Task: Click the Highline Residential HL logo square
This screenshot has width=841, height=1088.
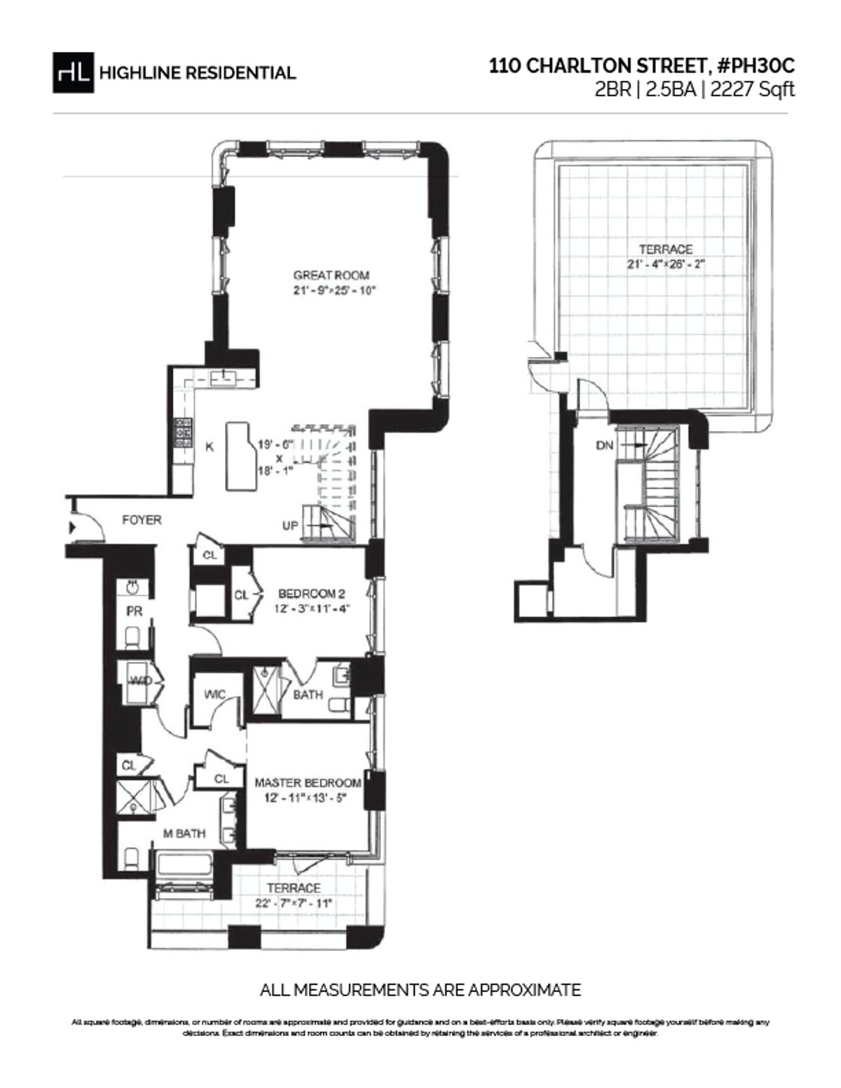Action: (73, 72)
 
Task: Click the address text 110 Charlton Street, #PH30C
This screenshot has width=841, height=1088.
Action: (642, 67)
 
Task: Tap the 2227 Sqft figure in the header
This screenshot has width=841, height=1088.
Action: (753, 89)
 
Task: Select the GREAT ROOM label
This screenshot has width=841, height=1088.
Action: (331, 276)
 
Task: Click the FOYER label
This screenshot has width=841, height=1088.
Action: (142, 520)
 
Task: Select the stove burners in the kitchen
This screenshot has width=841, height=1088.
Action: (184, 433)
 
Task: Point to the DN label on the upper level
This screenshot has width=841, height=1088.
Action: (604, 445)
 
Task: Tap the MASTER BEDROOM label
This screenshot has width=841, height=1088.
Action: (308, 782)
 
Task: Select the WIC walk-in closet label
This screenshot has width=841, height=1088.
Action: (214, 695)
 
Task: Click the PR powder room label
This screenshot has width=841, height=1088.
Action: (134, 611)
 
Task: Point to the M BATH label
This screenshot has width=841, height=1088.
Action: (184, 834)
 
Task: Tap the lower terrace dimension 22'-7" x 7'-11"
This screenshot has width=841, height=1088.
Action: (294, 903)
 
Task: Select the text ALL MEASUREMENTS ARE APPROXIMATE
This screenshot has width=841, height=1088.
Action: (420, 990)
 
